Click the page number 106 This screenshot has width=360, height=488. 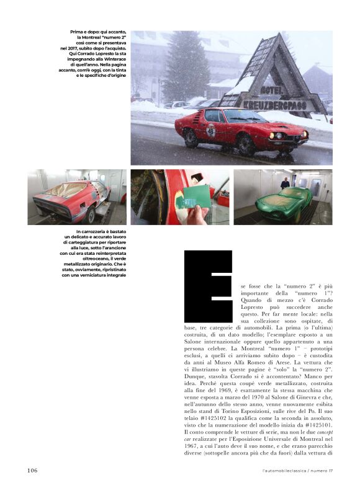(x=32, y=471)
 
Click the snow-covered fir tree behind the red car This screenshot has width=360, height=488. (x=186, y=68)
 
